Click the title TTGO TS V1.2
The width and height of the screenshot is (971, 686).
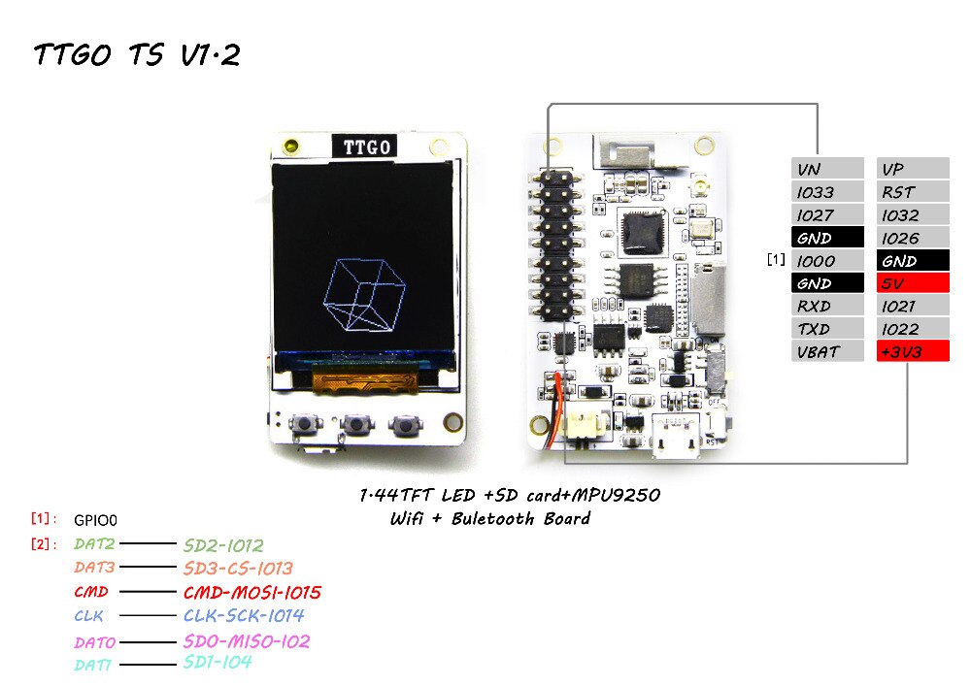click(136, 55)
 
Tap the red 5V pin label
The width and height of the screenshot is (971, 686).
click(913, 283)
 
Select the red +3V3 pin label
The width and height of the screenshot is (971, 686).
click(913, 352)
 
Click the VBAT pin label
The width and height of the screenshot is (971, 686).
click(826, 352)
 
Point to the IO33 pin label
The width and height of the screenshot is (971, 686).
click(826, 192)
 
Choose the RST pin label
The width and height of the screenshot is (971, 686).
click(913, 192)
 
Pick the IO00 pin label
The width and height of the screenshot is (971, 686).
click(826, 261)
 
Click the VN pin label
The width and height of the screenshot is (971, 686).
click(826, 169)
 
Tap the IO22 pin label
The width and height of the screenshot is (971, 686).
click(913, 329)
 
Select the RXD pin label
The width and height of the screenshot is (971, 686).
click(826, 307)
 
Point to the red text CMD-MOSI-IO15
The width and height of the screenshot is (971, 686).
click(251, 592)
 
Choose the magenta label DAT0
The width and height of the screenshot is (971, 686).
click(95, 642)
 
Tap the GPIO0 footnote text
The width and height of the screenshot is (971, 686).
click(101, 520)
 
